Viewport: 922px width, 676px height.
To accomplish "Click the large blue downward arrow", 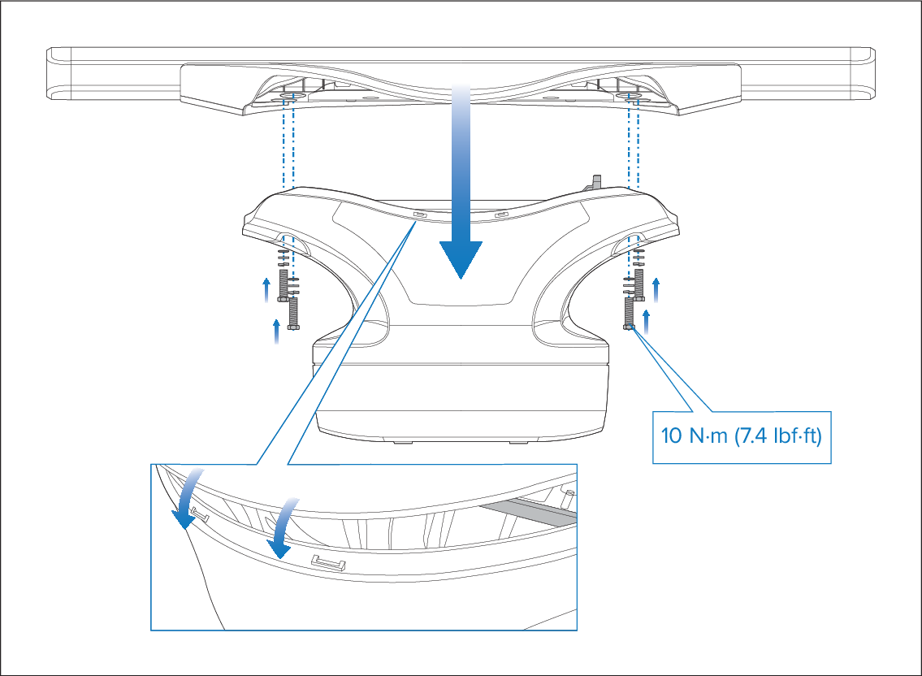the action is (461, 182).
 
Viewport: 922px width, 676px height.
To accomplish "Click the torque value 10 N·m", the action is (695, 436).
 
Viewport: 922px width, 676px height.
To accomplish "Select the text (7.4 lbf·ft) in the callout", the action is (778, 436).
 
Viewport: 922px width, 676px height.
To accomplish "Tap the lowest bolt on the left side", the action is (293, 314).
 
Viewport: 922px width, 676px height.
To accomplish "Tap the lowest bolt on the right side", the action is (630, 314).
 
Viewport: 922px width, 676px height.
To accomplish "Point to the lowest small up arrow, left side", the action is (276, 331).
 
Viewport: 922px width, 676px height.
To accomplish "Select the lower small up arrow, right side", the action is (647, 323).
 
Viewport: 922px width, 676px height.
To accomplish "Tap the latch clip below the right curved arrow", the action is (328, 563).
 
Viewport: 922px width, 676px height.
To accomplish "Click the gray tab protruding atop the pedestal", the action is (595, 182).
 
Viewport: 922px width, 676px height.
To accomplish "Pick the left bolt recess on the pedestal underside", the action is (292, 244).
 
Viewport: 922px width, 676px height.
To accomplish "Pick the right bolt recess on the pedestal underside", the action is (628, 244).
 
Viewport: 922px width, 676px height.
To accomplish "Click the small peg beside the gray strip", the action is (568, 498).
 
